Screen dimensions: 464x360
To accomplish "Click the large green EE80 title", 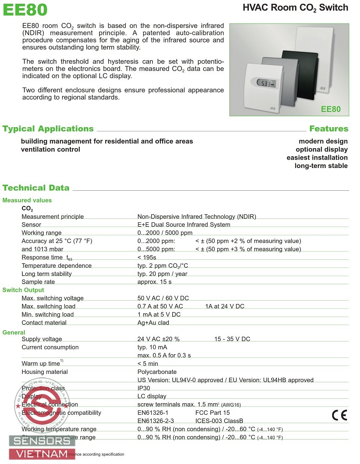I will (25, 9).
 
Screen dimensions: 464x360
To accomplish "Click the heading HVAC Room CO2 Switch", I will (296, 8).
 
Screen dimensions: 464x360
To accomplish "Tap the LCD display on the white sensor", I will (265, 83).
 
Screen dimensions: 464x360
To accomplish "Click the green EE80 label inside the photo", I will (331, 109).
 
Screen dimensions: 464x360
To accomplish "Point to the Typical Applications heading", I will (48, 129).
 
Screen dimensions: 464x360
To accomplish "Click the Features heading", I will (328, 129).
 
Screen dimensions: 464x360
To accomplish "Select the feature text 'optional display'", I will (321, 149).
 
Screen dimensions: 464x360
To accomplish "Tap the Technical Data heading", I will (36, 188).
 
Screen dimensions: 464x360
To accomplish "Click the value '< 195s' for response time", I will (147, 257).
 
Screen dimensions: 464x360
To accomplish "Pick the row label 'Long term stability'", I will (47, 274).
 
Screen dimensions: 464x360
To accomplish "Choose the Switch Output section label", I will (23, 290).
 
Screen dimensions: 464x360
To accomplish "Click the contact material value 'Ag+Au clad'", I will (153, 323).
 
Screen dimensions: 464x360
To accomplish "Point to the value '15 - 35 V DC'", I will (232, 339).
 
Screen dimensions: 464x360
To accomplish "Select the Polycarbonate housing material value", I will (157, 372).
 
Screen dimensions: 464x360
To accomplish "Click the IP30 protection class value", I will (144, 388).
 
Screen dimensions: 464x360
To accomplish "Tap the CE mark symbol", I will (339, 416).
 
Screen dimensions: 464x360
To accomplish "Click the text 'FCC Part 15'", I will (213, 413).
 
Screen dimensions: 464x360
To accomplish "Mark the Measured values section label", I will (27, 200).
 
